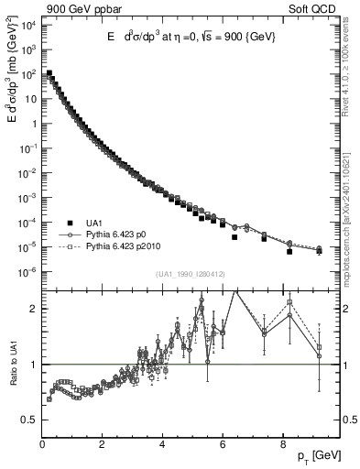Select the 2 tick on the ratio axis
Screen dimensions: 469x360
click(x=33, y=309)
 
